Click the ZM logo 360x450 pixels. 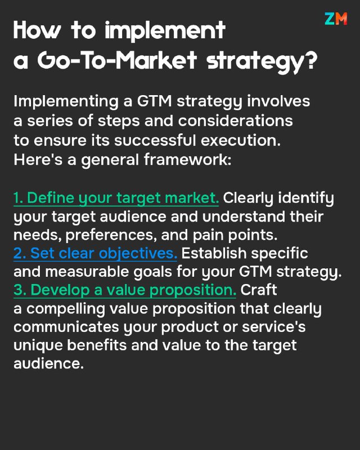[x=336, y=19]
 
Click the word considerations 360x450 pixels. [x=236, y=120]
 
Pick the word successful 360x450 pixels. [x=155, y=140]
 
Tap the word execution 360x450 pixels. [x=241, y=140]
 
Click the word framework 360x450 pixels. [x=187, y=160]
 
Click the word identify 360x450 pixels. [x=306, y=199]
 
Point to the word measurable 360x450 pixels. [x=87, y=272]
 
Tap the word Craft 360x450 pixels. [x=259, y=290]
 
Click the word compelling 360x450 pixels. [x=66, y=309]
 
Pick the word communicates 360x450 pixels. [x=66, y=327]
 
